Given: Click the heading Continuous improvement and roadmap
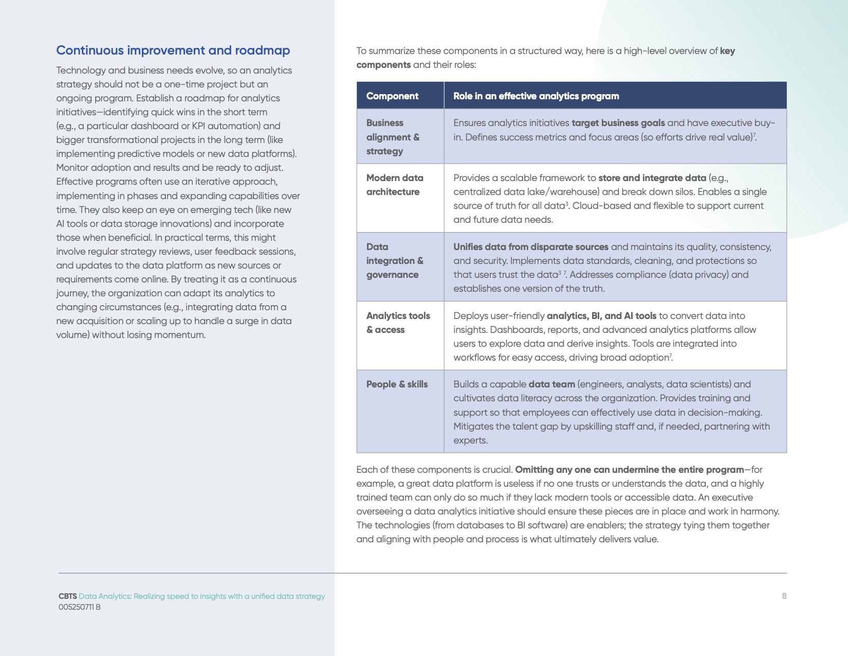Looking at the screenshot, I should point(173,50).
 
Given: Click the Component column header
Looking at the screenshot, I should point(392,96).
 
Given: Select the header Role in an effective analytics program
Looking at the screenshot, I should point(536,96).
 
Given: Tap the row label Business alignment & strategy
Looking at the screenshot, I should point(393,137).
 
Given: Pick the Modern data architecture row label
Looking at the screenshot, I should point(395,185).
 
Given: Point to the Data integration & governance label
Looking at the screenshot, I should point(394,261).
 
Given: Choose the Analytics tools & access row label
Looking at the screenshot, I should point(398,323).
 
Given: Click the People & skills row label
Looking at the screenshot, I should point(397,384).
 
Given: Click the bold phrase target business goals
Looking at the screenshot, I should point(618,123).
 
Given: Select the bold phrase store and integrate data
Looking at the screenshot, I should point(652,178).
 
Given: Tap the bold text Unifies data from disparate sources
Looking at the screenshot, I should point(530,247).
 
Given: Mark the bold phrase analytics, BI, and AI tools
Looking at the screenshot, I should point(601,316).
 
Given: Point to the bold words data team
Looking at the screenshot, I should point(551,384).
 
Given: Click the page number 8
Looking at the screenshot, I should point(784,596).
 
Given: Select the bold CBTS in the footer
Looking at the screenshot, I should point(67,596).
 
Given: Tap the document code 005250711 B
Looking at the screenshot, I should point(79,607).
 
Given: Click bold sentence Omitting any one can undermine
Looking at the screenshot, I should point(629,470).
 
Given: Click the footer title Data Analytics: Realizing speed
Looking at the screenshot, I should point(201,596).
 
